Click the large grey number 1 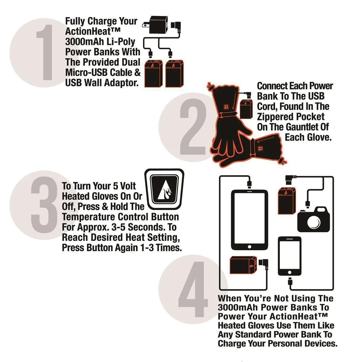(x=45, y=52)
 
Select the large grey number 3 (x=45, y=205)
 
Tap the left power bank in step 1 (x=154, y=74)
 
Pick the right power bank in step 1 (x=174, y=74)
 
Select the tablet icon (x=249, y=220)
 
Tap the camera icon (x=313, y=219)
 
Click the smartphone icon (x=290, y=256)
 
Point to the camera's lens (x=314, y=222)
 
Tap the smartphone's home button (x=290, y=272)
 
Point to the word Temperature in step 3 (x=88, y=217)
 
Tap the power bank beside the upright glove (x=246, y=109)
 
